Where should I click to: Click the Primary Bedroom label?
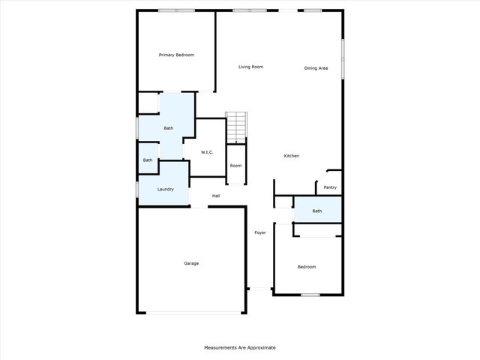[176, 55]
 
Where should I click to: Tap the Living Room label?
[250, 67]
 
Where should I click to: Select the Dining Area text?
[316, 68]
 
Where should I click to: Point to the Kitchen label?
[291, 155]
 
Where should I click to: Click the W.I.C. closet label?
[207, 152]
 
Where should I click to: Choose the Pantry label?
[330, 187]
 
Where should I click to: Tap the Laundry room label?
[166, 189]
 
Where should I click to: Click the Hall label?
[216, 196]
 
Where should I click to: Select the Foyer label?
[260, 232]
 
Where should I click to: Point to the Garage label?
[191, 263]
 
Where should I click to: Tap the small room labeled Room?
[235, 165]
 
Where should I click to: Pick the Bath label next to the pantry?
[317, 211]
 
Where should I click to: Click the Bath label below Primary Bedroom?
[169, 128]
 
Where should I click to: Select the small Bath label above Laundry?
[148, 160]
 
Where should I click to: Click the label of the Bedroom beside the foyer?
[307, 266]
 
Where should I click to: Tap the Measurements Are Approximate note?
[240, 348]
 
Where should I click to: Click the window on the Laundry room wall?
[136, 189]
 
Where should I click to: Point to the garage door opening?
[191, 313]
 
